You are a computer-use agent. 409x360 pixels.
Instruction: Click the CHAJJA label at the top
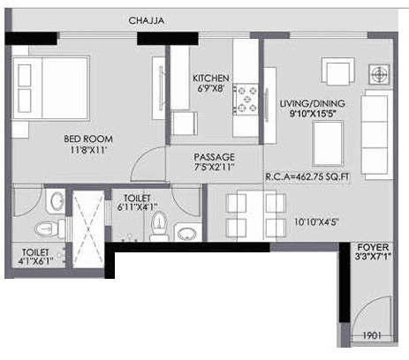pos(148,19)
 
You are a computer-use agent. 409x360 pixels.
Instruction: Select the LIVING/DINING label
pos(312,103)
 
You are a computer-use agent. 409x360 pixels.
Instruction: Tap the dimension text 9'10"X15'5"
pos(312,116)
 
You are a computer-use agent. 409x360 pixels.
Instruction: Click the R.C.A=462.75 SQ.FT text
pos(309,176)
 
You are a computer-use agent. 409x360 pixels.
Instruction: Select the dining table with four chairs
pos(253,212)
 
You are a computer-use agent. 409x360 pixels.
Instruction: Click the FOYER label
pos(369,246)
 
